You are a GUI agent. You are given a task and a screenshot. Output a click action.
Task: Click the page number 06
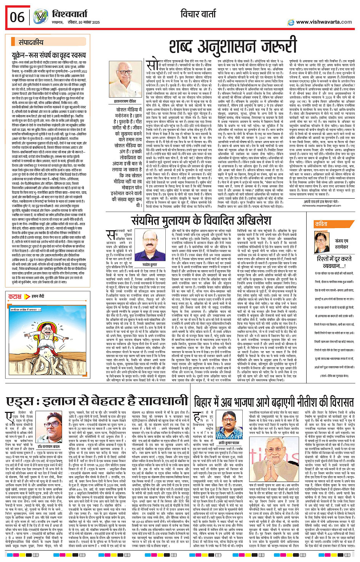[17, 17]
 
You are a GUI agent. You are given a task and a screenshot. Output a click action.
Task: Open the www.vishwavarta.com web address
[324, 22]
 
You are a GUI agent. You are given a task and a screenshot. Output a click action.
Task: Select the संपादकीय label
[31, 43]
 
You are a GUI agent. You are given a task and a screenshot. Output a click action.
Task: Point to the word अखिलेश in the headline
[248, 220]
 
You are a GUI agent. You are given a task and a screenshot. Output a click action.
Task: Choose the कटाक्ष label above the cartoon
[15, 296]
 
